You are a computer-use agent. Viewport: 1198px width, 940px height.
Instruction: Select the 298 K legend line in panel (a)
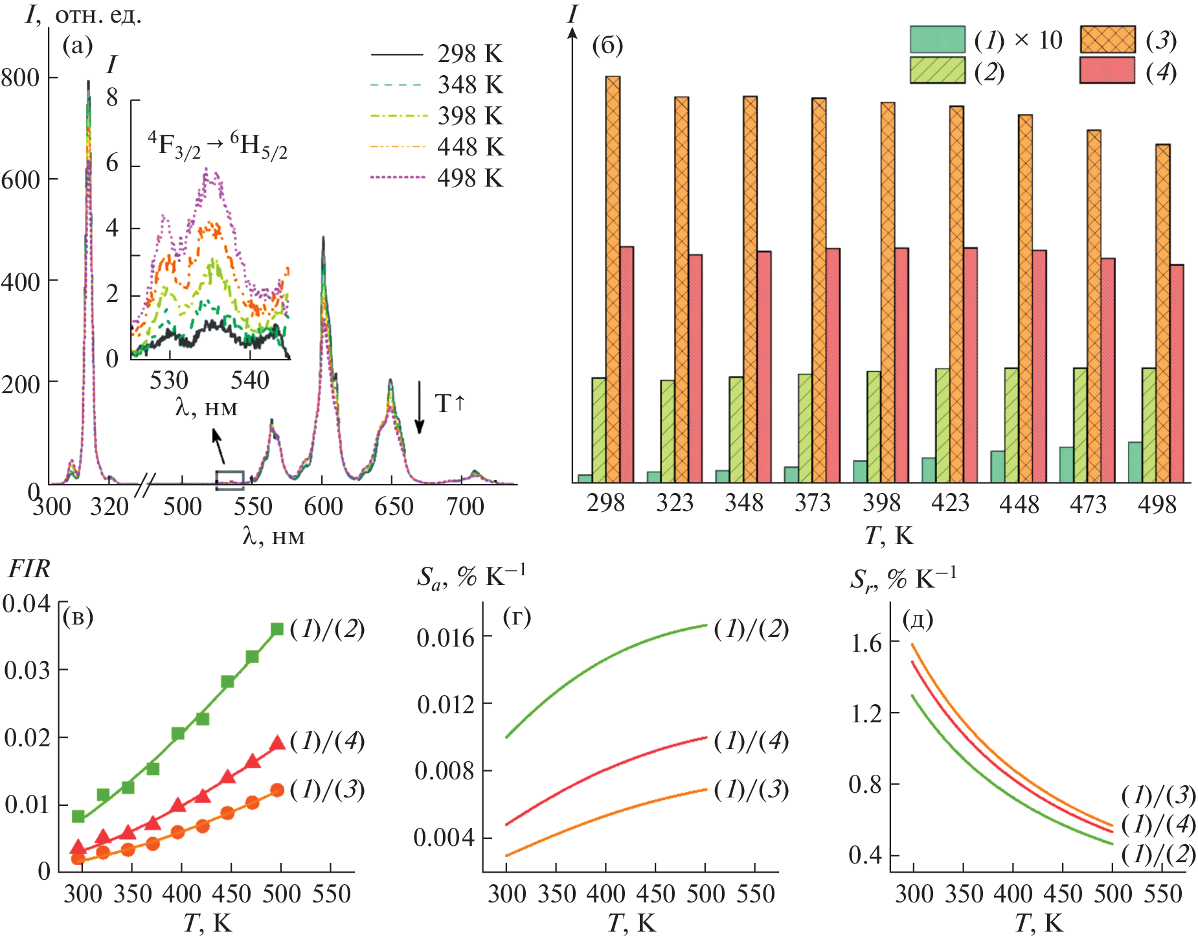pos(397,54)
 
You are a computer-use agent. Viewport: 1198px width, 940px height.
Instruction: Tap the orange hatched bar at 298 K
pos(613,279)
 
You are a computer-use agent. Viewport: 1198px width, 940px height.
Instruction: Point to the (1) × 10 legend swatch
pos(937,40)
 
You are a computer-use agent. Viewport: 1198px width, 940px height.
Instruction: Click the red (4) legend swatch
pos(1107,71)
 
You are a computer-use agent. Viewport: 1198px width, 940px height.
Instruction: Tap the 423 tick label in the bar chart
pos(950,503)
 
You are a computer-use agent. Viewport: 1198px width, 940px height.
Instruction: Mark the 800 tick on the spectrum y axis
pos(21,78)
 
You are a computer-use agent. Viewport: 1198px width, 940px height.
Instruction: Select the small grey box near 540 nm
pos(230,480)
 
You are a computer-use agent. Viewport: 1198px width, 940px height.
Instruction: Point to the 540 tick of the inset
pos(250,380)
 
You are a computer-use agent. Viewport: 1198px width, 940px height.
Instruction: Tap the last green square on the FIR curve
pos(277,629)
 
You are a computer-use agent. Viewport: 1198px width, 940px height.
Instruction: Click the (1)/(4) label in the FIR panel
pos(327,740)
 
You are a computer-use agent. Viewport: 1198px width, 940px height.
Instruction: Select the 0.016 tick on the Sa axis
pos(445,638)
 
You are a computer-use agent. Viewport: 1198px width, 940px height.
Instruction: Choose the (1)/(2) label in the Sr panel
pos(1158,854)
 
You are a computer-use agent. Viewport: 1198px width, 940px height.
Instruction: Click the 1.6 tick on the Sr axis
pos(866,643)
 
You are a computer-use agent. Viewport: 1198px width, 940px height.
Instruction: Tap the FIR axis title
pos(29,569)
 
